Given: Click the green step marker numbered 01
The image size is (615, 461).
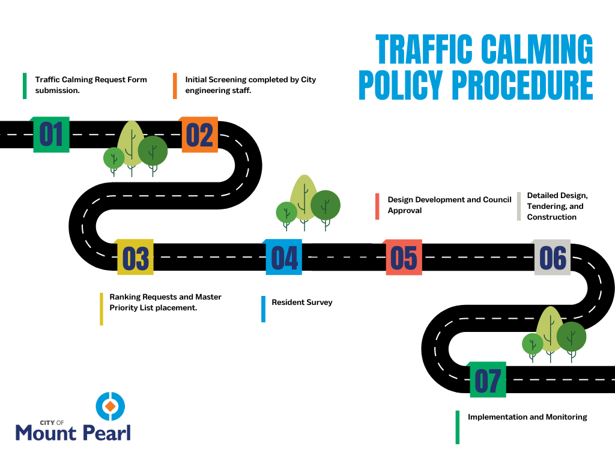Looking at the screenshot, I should (51, 134).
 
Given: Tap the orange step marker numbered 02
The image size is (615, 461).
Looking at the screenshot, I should (199, 134).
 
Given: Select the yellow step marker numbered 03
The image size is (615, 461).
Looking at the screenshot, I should (135, 258).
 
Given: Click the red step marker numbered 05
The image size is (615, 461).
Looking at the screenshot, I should (404, 258).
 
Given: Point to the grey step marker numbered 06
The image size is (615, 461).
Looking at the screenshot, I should (553, 258).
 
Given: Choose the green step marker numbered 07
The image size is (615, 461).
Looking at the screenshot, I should (487, 379).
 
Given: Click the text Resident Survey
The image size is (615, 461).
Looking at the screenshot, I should (301, 303).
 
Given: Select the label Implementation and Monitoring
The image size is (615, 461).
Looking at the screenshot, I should (527, 417).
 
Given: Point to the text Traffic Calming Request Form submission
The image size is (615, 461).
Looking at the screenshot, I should (91, 85).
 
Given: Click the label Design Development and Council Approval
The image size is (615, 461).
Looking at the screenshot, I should (449, 205).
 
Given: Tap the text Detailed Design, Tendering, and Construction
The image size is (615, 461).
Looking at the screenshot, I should (557, 206).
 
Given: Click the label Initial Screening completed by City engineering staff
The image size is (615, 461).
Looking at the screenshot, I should (250, 85).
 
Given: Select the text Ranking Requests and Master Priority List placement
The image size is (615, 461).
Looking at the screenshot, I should (165, 302).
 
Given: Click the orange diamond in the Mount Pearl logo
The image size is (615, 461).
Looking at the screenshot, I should (110, 407).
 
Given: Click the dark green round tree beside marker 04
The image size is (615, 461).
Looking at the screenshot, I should (326, 205).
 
